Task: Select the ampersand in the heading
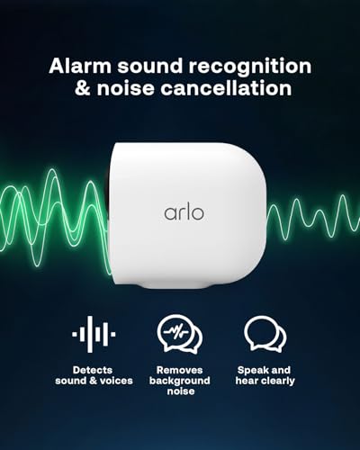click(x=78, y=88)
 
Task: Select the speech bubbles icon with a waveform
click(x=180, y=335)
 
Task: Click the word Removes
click(x=180, y=369)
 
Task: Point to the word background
click(x=180, y=382)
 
